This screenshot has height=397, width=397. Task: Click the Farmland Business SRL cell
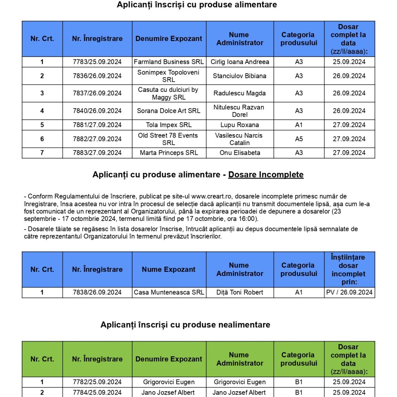click(x=169, y=62)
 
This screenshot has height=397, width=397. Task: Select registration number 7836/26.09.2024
click(x=97, y=76)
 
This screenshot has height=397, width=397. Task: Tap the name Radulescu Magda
click(x=240, y=93)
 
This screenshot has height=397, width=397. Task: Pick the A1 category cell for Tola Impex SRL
click(x=299, y=125)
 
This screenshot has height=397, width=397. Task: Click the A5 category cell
click(x=299, y=139)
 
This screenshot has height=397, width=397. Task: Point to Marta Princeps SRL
click(x=169, y=153)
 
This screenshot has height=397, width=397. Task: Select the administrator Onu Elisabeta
click(x=240, y=153)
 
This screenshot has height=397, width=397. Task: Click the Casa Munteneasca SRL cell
click(x=169, y=292)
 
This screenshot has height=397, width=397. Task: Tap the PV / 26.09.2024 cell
click(x=349, y=292)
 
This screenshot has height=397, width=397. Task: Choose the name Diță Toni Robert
click(x=240, y=292)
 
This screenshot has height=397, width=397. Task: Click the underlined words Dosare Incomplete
click(x=266, y=175)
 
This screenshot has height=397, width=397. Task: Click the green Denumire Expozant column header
click(x=169, y=359)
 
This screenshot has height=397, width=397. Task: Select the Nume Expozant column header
click(x=169, y=269)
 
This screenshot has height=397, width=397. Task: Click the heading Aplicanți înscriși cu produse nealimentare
click(x=185, y=325)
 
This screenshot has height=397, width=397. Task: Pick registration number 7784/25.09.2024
click(x=97, y=392)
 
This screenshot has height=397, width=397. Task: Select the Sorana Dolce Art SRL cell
click(x=169, y=111)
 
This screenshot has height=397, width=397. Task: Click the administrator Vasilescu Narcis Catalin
click(x=240, y=139)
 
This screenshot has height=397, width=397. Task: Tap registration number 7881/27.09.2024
click(x=97, y=125)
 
